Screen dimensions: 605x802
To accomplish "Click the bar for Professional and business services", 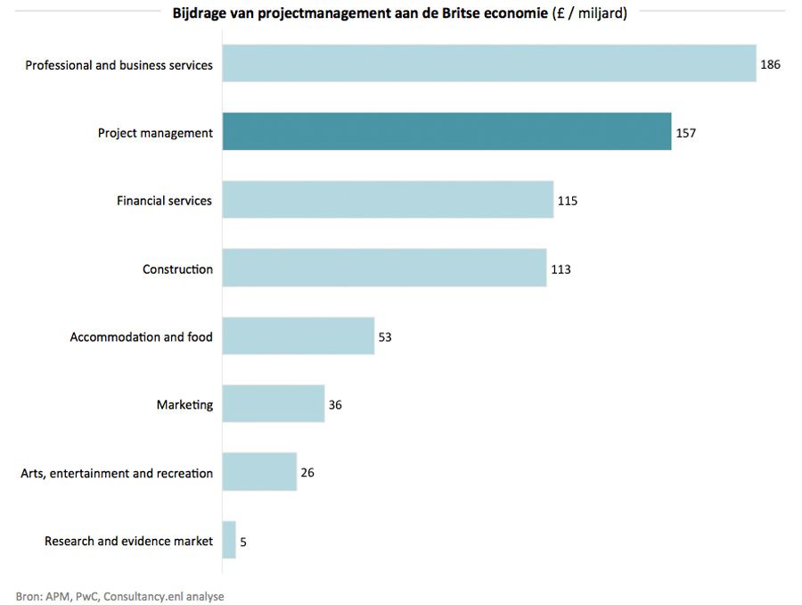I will [488, 64].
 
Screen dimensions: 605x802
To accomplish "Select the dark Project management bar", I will [446, 132].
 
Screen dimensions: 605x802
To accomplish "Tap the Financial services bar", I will [388, 200].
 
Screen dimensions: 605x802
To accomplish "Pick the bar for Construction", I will [384, 269].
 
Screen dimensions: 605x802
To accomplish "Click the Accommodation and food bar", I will [298, 336].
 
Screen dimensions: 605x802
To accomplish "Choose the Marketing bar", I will [273, 404].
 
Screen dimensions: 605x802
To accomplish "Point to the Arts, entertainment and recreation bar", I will [259, 472].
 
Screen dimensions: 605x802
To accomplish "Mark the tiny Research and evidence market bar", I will [229, 540].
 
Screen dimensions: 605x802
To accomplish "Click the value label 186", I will [771, 65].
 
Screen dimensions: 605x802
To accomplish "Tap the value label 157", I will [685, 133].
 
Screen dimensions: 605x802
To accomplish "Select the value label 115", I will [568, 201].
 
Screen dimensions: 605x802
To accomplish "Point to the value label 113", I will [561, 269].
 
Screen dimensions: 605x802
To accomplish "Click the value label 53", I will [385, 337].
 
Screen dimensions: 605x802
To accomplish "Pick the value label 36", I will [335, 405].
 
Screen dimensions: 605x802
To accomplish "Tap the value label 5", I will [243, 541].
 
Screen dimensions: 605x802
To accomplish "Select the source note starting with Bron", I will [119, 596].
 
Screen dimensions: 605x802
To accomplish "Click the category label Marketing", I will [184, 405].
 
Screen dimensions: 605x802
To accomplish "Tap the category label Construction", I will [177, 269].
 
